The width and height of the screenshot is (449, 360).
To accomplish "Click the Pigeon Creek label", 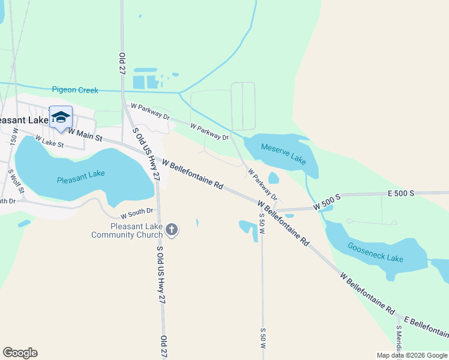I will pyautogui.click(x=75, y=90).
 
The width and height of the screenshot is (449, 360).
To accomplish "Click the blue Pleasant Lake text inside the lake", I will pyautogui.click(x=80, y=177).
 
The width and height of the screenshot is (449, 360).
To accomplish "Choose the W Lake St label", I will pyautogui.click(x=49, y=142).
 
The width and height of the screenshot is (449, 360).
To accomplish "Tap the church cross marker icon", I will pyautogui.click(x=172, y=230).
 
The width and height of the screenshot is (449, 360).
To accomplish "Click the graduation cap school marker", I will pyautogui.click(x=61, y=117).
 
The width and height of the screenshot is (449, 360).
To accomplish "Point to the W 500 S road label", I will pyautogui.click(x=327, y=202).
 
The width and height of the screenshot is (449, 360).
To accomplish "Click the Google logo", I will pyautogui.click(x=20, y=353).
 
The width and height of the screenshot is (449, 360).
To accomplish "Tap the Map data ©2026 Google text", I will pyautogui.click(x=411, y=355).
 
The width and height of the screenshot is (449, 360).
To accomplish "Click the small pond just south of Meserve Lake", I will pyautogui.click(x=274, y=178).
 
